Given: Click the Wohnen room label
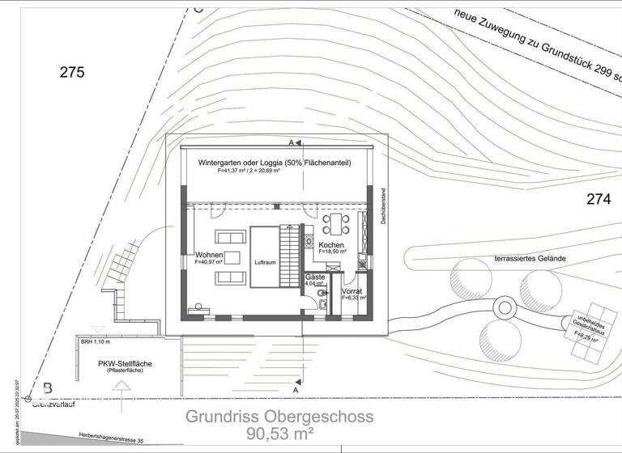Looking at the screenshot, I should (x=209, y=256).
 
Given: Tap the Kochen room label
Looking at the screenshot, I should (x=332, y=245).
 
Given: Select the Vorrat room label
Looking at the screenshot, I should (x=351, y=290).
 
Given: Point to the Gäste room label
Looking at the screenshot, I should (x=315, y=277).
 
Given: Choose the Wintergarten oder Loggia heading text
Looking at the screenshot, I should (x=275, y=163).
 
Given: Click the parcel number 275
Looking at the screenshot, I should (x=72, y=73).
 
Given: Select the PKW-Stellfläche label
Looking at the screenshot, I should (x=126, y=363).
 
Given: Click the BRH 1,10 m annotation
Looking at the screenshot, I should (x=95, y=342).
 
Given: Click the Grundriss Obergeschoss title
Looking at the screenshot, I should (x=279, y=417).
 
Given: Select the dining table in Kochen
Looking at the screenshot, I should (x=334, y=222).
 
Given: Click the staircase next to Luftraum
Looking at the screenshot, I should (x=288, y=256).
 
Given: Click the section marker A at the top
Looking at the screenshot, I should (x=291, y=142).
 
